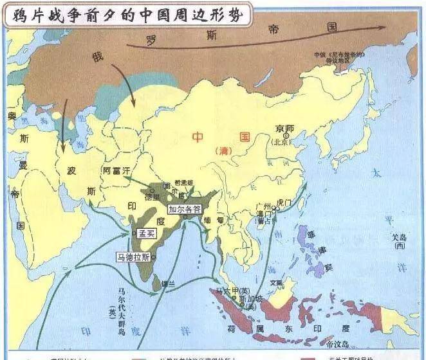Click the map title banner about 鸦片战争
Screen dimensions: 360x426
pyautogui.click(x=126, y=15)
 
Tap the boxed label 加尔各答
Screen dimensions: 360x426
pyautogui.click(x=185, y=209)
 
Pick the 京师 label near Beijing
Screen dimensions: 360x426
pyautogui.click(x=284, y=128)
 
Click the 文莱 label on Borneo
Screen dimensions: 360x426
pyautogui.click(x=276, y=282)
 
